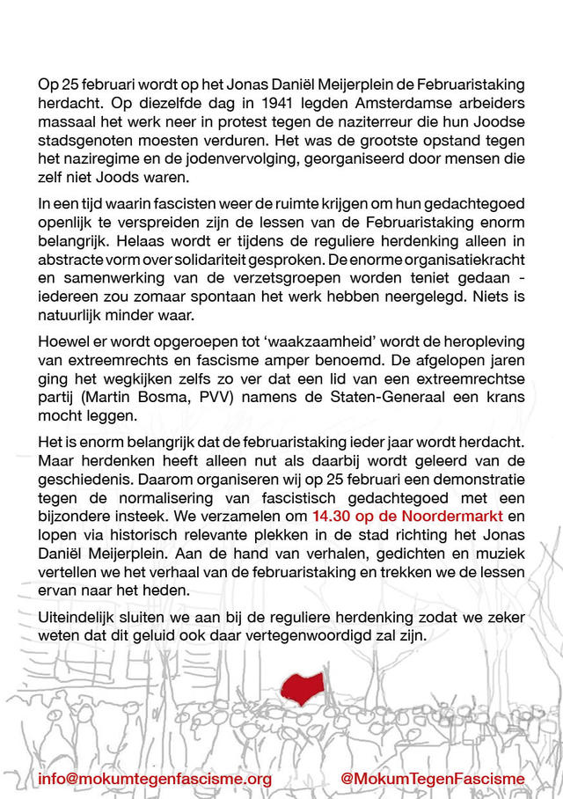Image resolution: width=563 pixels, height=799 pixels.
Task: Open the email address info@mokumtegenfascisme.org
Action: click(155, 779)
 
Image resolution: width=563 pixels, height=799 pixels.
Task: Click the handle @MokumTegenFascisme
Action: click(431, 779)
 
